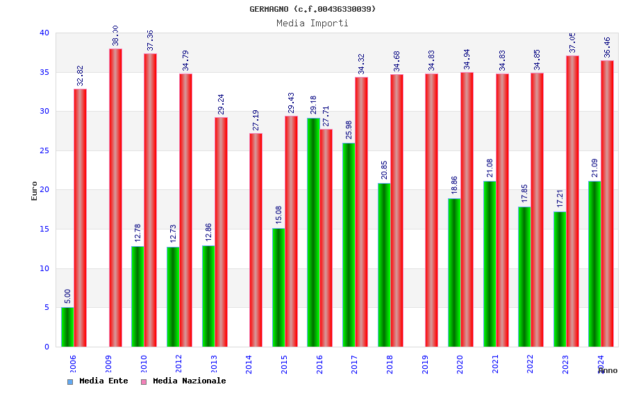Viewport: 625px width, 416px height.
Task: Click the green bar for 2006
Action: pyautogui.click(x=67, y=327)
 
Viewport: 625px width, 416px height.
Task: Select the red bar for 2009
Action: pyautogui.click(x=115, y=198)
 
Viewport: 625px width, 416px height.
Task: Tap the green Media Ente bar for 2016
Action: pyautogui.click(x=313, y=232)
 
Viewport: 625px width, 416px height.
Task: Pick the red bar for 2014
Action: pyautogui.click(x=256, y=240)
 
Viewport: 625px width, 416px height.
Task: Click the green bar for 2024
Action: pyautogui.click(x=594, y=263)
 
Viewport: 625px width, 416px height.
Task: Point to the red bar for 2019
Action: pyautogui.click(x=432, y=210)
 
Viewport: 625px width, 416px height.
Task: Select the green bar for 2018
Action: pyautogui.click(x=384, y=265)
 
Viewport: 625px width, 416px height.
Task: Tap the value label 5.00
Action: pyautogui.click(x=67, y=296)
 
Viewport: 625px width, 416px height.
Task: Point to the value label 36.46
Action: pyautogui.click(x=608, y=48)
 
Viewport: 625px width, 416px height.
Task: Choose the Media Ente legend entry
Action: pyautogui.click(x=98, y=381)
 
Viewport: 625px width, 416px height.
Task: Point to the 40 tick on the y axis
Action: pyautogui.click(x=44, y=33)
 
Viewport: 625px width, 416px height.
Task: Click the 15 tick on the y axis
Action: pyautogui.click(x=44, y=229)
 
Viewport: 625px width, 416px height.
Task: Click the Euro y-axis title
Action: pyautogui.click(x=35, y=191)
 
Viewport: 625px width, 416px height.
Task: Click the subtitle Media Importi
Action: pyautogui.click(x=312, y=23)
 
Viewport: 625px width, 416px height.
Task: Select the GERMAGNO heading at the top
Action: pyautogui.click(x=312, y=9)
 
